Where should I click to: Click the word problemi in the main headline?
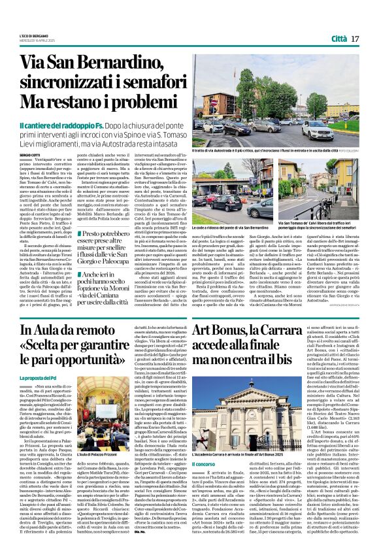coord(135,103)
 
